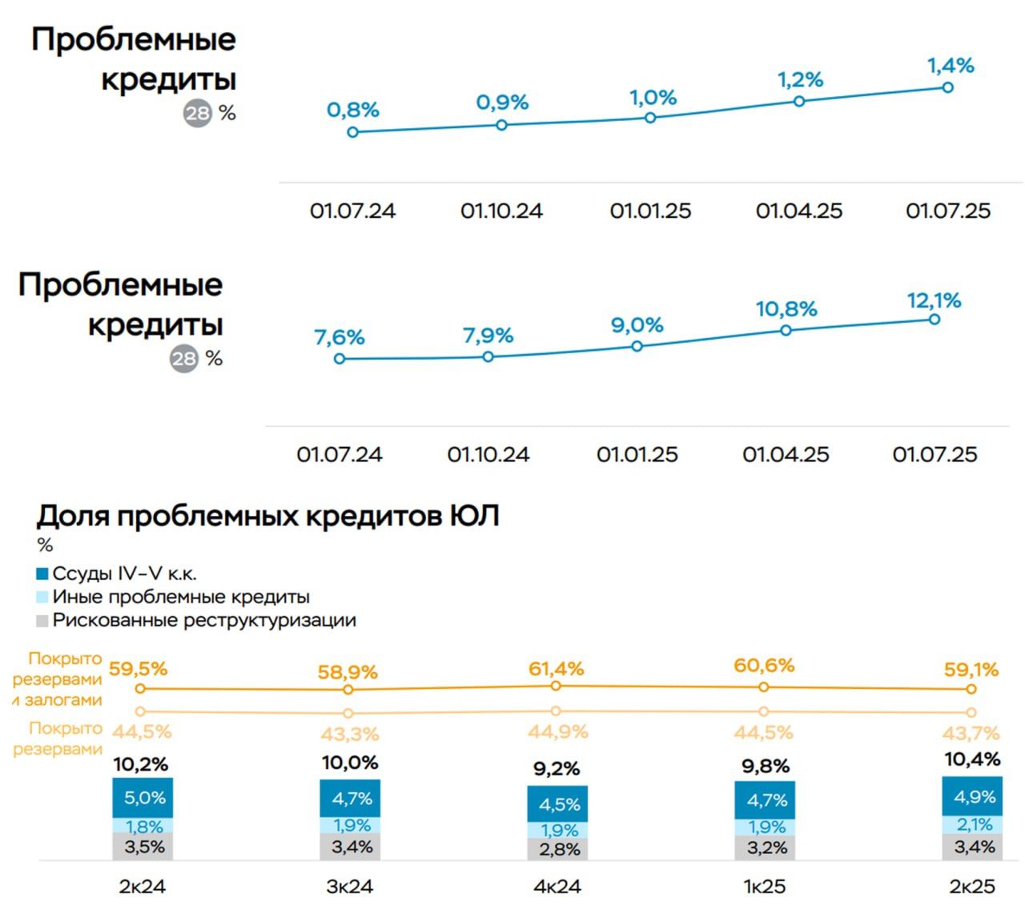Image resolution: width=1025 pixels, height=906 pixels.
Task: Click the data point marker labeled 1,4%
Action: point(947,87)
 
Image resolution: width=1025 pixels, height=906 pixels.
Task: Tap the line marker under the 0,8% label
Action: point(353,132)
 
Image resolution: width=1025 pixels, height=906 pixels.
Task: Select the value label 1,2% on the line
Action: point(800,80)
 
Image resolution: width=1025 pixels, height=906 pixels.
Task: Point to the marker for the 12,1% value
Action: point(935,319)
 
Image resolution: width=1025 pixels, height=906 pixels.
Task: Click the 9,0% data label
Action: point(637,325)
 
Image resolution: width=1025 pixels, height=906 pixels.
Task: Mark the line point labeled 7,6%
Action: point(340,359)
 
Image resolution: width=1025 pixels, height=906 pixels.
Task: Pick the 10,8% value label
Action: point(786,309)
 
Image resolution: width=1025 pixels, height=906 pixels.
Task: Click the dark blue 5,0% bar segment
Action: point(143,798)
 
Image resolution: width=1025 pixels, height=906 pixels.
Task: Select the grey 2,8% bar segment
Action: point(558,849)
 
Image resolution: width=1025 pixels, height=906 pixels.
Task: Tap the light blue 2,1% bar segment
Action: point(973,824)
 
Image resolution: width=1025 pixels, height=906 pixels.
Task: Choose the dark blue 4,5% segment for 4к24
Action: point(558,803)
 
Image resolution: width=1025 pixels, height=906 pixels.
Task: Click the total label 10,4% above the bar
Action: point(972,759)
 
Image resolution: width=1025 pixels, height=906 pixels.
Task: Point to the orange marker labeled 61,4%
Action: point(557,686)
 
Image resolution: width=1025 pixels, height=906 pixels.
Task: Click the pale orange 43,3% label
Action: point(349,734)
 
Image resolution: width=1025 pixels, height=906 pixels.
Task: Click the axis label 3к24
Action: point(350,887)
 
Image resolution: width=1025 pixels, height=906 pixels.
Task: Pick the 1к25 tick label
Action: point(764,887)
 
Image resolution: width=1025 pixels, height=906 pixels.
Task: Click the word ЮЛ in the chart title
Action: point(472,516)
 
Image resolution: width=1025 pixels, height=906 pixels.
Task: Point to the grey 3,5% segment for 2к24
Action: point(143,847)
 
